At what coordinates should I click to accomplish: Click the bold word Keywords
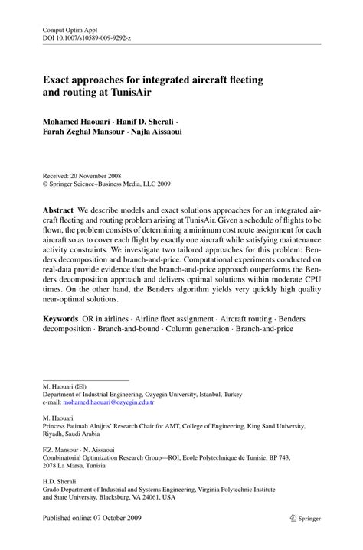63,317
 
